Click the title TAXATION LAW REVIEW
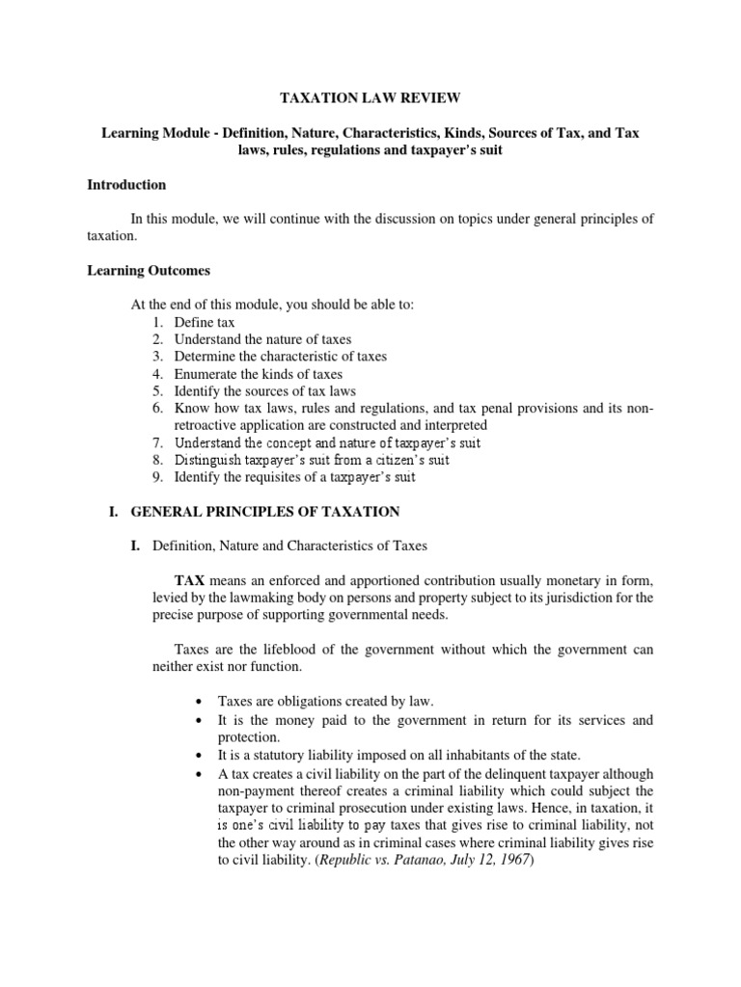370,98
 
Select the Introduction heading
126,184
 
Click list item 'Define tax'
205,322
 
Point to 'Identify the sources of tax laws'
265,391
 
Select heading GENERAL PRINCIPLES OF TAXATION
267,511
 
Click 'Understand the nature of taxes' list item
262,339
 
